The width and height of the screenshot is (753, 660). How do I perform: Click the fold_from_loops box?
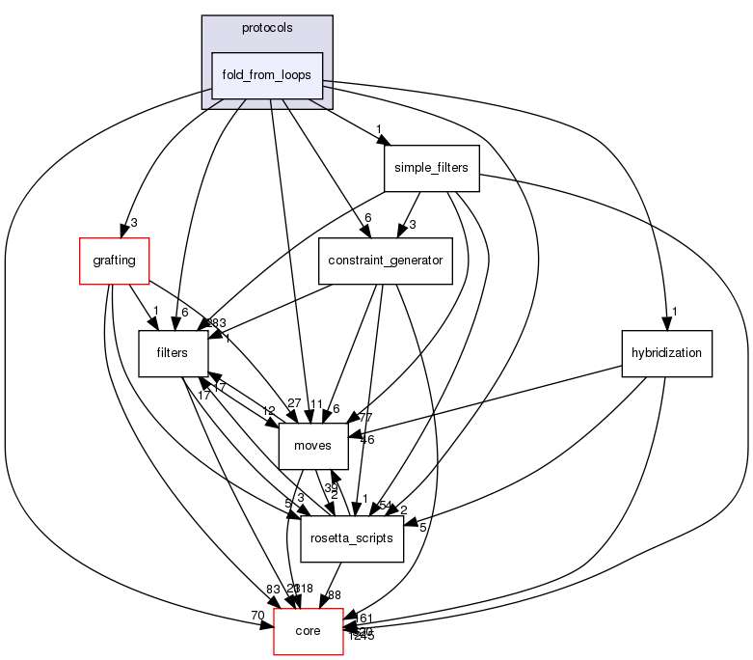(267, 75)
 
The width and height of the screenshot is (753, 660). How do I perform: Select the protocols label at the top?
(267, 28)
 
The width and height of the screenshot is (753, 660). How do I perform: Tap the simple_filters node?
(431, 168)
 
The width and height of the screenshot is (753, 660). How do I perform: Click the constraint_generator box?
(386, 261)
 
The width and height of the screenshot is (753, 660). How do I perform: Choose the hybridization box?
(666, 354)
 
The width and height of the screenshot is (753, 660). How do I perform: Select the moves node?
(312, 446)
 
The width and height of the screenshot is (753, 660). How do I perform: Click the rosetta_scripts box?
(352, 538)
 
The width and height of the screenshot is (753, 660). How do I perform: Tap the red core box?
(309, 631)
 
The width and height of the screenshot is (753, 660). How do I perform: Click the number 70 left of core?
(256, 615)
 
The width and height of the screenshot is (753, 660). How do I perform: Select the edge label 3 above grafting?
(134, 223)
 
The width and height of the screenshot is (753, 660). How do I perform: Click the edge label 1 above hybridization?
(676, 312)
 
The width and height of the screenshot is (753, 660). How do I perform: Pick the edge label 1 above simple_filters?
(380, 129)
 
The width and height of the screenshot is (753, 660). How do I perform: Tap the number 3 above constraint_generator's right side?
(411, 224)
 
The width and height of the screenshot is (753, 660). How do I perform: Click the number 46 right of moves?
(366, 439)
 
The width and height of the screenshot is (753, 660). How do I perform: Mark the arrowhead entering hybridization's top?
(665, 325)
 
